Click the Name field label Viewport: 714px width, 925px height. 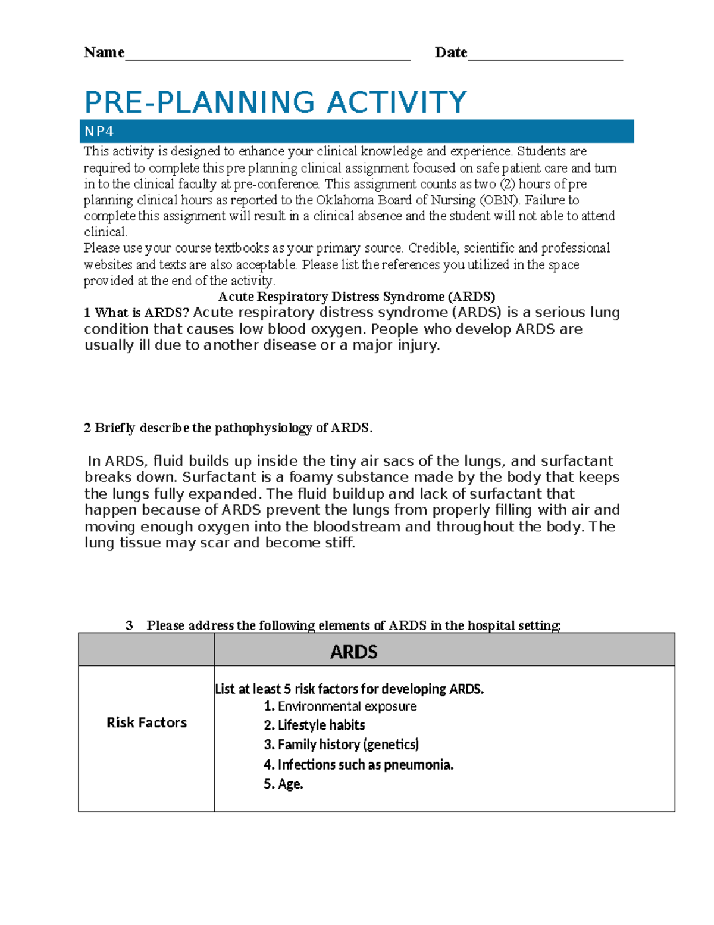pyautogui.click(x=104, y=52)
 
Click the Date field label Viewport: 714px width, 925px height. pyautogui.click(x=450, y=52)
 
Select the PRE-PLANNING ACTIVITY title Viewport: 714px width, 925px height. pyautogui.click(x=275, y=102)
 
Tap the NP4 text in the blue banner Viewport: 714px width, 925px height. pyautogui.click(x=99, y=131)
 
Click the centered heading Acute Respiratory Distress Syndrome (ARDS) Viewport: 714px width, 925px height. pyautogui.click(x=356, y=297)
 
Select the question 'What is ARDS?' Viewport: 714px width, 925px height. pyautogui.click(x=136, y=313)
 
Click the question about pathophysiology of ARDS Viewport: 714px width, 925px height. pyautogui.click(x=228, y=428)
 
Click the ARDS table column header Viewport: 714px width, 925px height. pyautogui.click(x=353, y=652)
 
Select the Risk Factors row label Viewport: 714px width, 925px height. pyautogui.click(x=146, y=722)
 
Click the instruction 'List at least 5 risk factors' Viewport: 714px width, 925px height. pyautogui.click(x=349, y=689)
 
